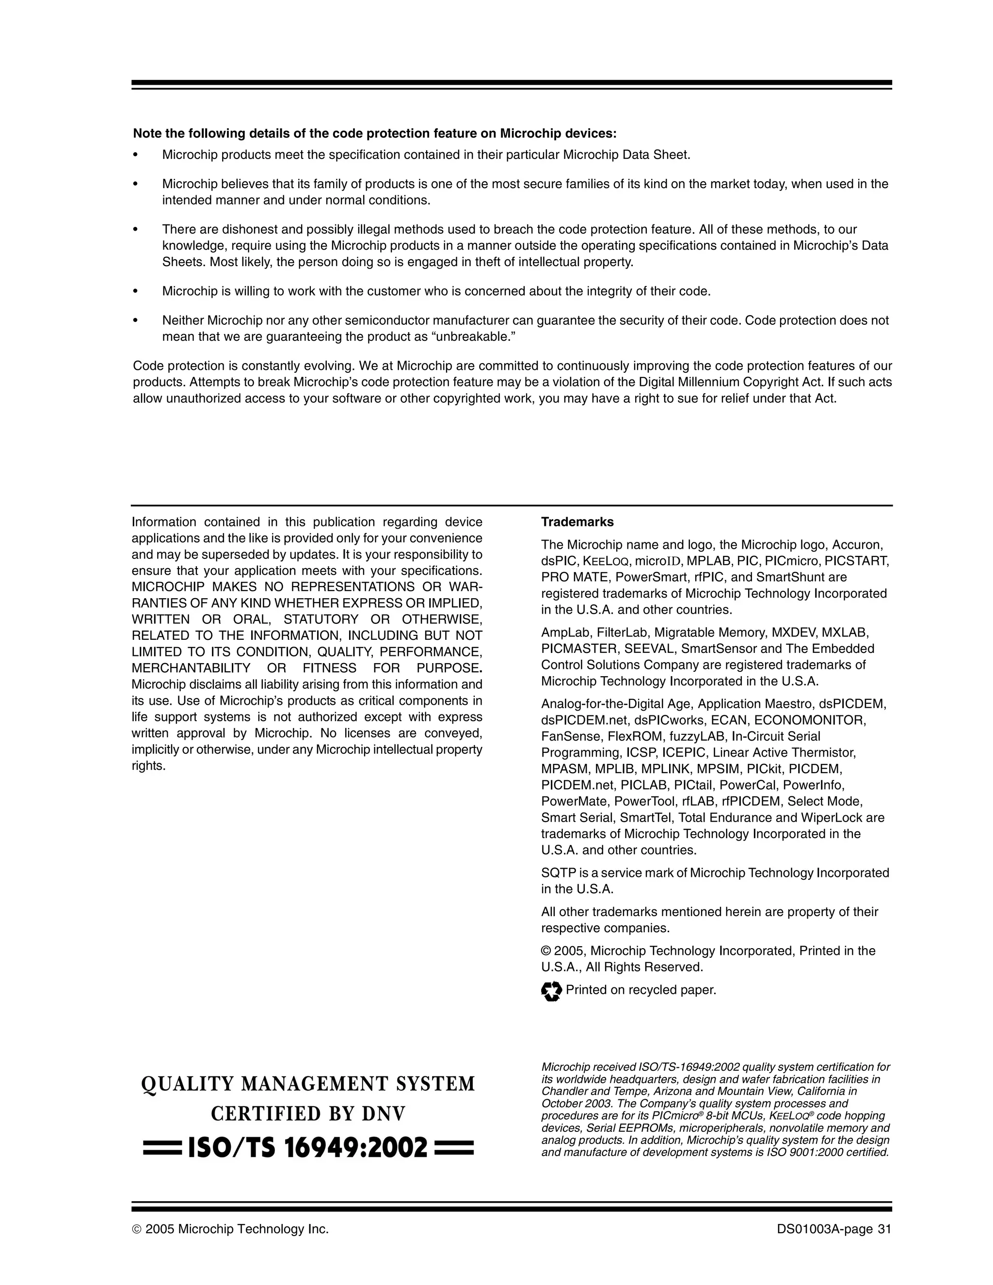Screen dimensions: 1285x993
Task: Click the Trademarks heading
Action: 577,522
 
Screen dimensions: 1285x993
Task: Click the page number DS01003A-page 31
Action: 833,1229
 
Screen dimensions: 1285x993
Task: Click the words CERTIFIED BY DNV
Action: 308,1114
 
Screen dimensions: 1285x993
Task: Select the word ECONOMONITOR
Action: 809,720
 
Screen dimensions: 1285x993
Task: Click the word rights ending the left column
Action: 148,766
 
